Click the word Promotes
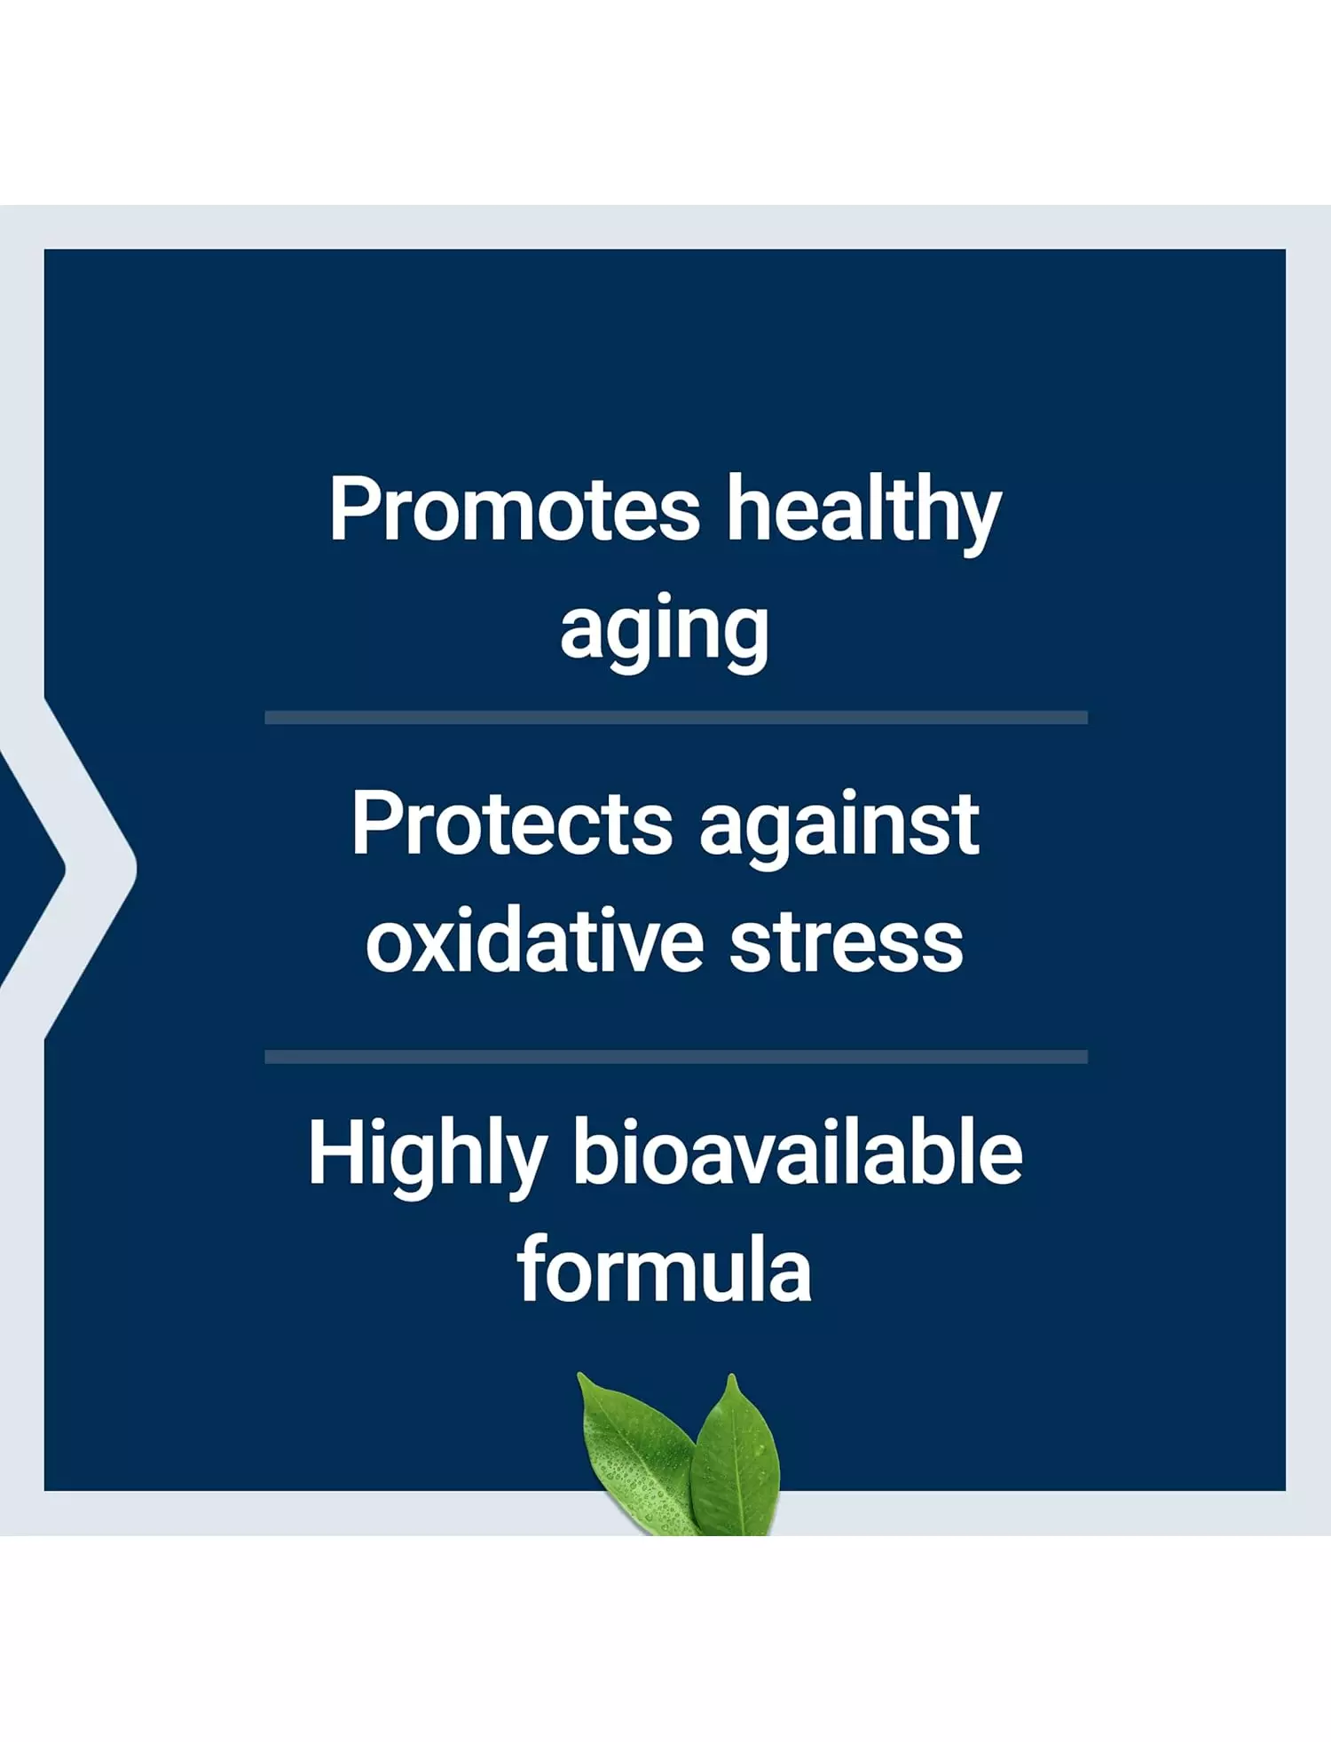[x=515, y=509]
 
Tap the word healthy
[x=864, y=515]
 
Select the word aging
[x=665, y=634]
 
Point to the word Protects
[x=512, y=824]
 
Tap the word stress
[x=847, y=945]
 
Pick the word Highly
[x=427, y=1155]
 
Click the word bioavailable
[x=797, y=1151]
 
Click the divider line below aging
[x=676, y=717]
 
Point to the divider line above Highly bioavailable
[x=676, y=1056]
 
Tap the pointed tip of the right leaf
[x=732, y=1375]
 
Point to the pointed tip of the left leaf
[x=579, y=1374]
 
